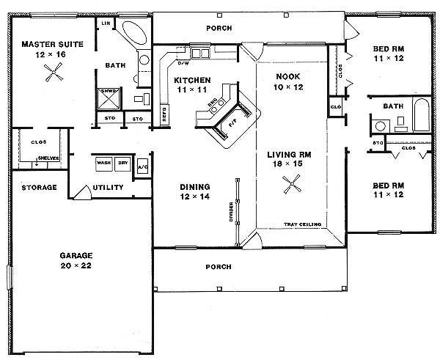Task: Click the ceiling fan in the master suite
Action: point(51,72)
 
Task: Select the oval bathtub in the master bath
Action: point(133,34)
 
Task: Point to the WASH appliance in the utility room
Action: point(103,164)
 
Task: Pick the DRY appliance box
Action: point(122,164)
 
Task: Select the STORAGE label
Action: point(39,188)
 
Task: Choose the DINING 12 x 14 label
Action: point(195,191)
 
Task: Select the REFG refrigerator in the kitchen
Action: point(164,114)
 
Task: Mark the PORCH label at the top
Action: point(220,29)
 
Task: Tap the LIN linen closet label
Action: point(106,23)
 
